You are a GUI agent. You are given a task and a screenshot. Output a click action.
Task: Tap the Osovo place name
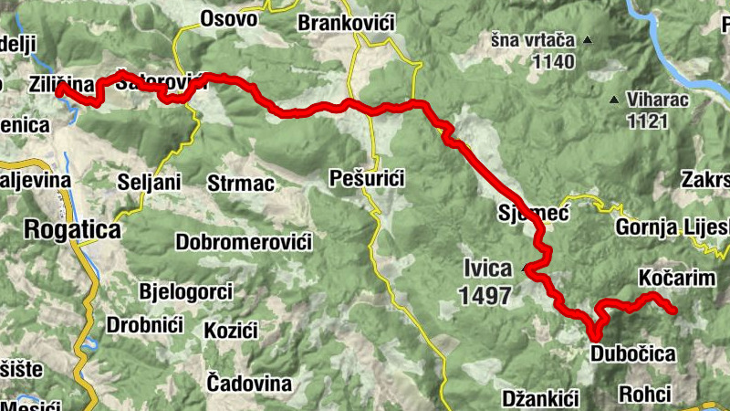(x=228, y=17)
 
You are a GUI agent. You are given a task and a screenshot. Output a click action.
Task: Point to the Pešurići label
(x=366, y=178)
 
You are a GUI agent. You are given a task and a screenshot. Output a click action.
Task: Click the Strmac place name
(x=241, y=183)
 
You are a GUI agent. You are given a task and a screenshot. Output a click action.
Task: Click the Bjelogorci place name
(x=186, y=292)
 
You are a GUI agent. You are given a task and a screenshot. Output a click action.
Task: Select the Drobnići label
(x=146, y=324)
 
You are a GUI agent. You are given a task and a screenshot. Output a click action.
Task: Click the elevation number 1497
(x=486, y=294)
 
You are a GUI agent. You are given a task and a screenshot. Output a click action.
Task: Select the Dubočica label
(x=632, y=353)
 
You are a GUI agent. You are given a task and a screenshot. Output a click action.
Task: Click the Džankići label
(x=541, y=398)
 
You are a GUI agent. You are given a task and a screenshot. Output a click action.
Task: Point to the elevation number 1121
(x=647, y=119)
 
